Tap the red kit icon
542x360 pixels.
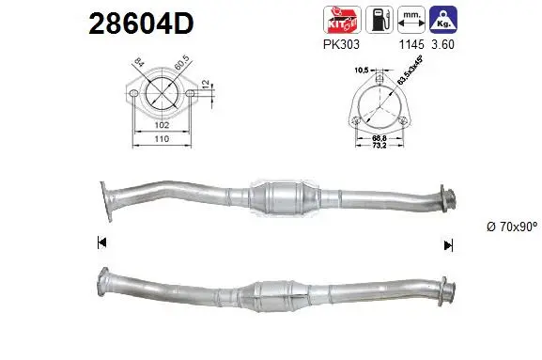[x=339, y=19]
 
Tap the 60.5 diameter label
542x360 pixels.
[x=178, y=68]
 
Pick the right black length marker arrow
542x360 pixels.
[x=449, y=244]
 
